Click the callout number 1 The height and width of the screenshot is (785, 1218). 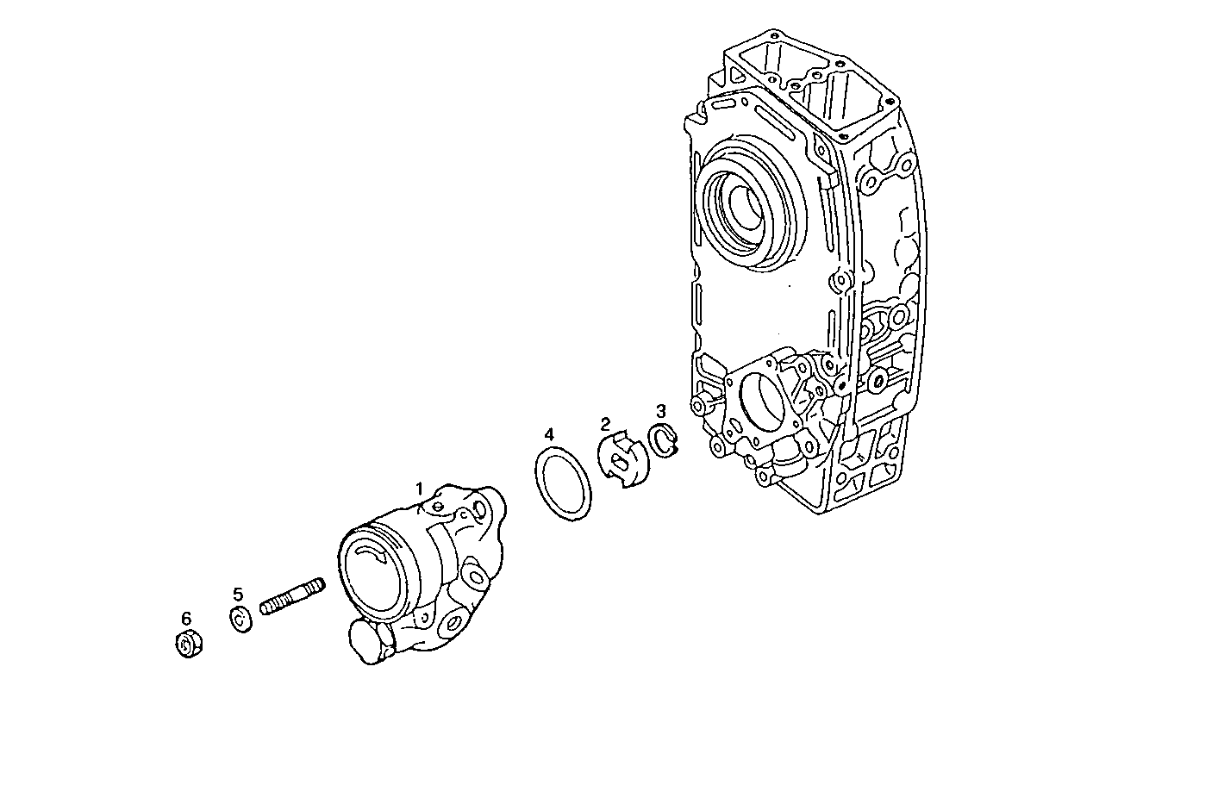click(x=420, y=489)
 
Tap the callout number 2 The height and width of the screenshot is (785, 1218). click(x=605, y=423)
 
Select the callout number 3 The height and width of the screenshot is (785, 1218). click(x=661, y=410)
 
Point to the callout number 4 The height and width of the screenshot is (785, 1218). click(x=549, y=433)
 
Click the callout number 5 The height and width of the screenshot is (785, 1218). click(x=238, y=594)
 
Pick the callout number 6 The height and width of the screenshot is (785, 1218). click(x=186, y=618)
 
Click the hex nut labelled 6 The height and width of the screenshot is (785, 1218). click(x=188, y=645)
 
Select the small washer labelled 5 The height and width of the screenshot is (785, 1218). click(x=240, y=619)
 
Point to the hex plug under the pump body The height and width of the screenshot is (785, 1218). click(x=365, y=642)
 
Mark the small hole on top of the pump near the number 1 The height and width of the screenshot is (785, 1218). click(x=438, y=506)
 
